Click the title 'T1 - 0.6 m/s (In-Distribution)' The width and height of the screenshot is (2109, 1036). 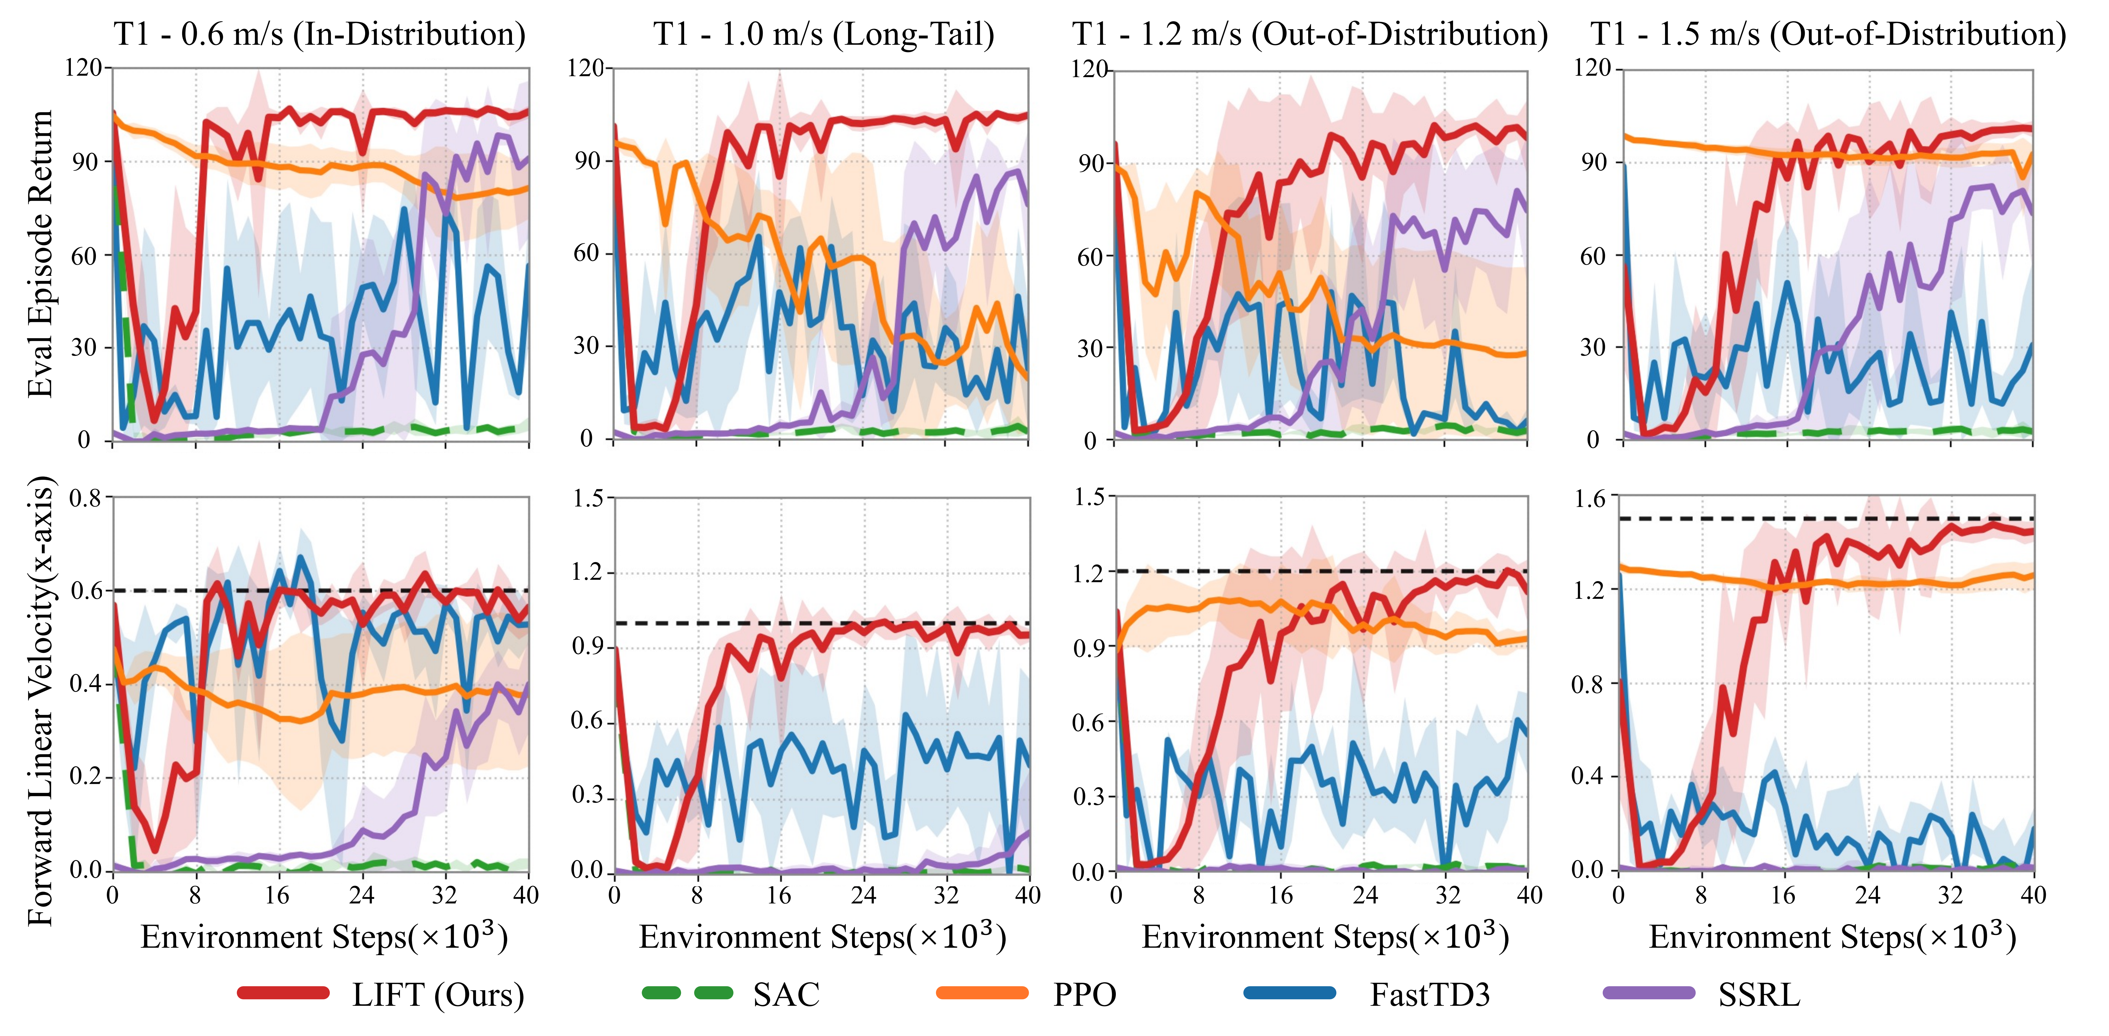point(319,34)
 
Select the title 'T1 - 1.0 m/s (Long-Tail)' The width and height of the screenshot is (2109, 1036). point(824,34)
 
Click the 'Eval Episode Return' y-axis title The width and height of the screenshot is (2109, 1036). point(39,254)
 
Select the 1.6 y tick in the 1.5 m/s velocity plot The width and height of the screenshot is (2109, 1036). point(1591,498)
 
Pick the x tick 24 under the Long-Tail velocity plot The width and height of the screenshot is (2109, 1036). point(863,894)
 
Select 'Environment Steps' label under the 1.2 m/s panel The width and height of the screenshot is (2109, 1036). point(1325,936)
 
